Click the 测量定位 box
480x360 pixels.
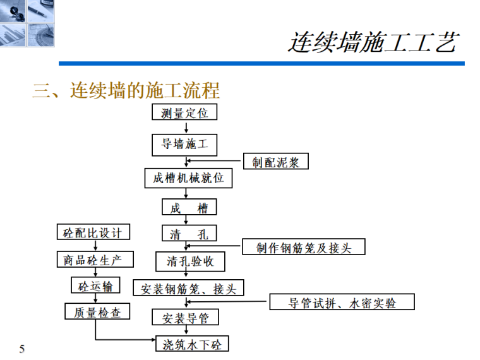pos(184,114)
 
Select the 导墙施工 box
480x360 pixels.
pos(184,145)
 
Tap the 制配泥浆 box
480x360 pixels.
pos(276,162)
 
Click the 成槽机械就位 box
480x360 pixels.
pos(188,178)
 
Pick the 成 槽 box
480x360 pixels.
pos(189,208)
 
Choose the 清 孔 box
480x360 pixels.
pos(189,234)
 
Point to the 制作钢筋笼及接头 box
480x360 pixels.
pos(303,247)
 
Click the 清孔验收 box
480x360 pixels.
pos(189,261)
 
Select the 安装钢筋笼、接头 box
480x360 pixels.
pos(188,289)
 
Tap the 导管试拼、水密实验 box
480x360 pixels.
pos(342,303)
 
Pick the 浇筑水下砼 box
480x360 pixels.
pos(192,344)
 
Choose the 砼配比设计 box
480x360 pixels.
pos(93,232)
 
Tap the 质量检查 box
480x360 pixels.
pos(97,311)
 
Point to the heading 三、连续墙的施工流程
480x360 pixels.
pos(126,90)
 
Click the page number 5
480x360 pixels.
pos(22,349)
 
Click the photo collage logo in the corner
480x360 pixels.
pos(27,23)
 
